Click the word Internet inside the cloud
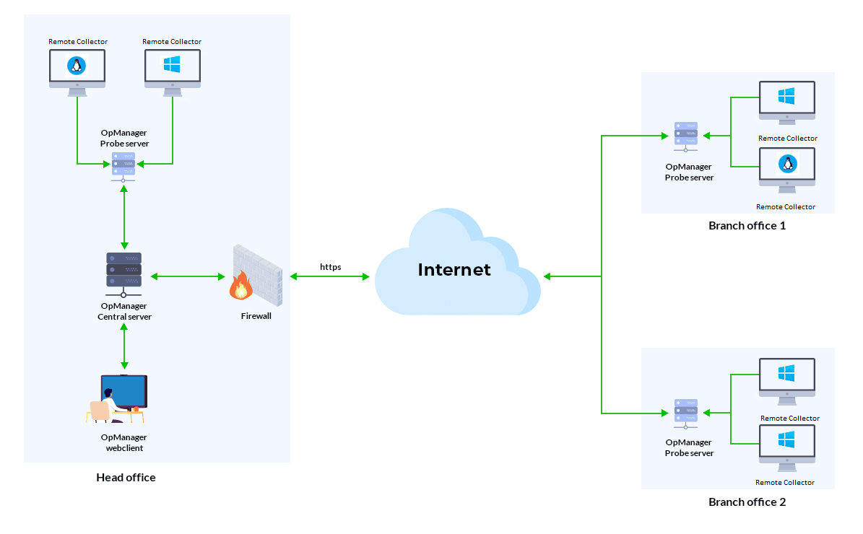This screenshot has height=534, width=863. [x=454, y=270]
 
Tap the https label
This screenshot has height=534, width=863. [x=331, y=267]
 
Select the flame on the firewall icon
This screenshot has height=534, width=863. [x=240, y=287]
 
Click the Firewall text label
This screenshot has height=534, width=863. [x=256, y=316]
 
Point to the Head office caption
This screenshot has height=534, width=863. [x=126, y=477]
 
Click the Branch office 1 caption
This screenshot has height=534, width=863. [x=747, y=226]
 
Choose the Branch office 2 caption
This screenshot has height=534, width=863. [x=747, y=502]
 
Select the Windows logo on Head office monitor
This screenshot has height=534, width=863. [x=172, y=65]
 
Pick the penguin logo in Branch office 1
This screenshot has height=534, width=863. [x=787, y=164]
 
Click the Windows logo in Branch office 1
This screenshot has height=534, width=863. [x=786, y=96]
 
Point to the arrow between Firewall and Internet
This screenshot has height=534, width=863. [x=330, y=276]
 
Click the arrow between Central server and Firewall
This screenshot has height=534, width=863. [x=187, y=276]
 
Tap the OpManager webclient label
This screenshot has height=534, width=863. [x=124, y=442]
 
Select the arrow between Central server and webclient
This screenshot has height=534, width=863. [x=125, y=346]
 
